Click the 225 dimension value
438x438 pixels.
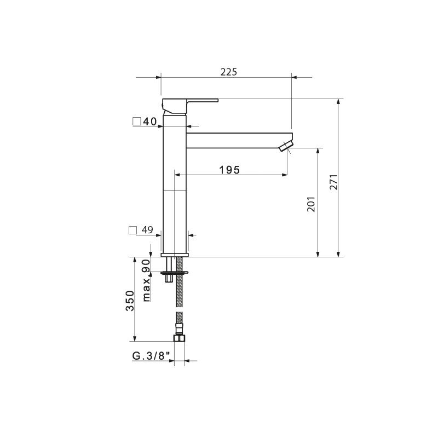coord(228,72)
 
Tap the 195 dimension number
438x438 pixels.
coord(229,170)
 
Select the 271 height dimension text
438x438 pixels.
coord(334,182)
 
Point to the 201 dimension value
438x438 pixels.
coord(311,204)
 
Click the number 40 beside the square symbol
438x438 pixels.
coord(150,122)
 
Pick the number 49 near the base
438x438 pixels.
coord(147,230)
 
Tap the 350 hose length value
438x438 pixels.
coord(130,301)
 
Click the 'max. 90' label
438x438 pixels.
coord(147,280)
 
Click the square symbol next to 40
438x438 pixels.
coord(136,122)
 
